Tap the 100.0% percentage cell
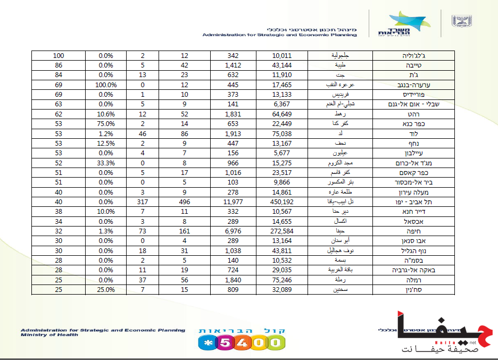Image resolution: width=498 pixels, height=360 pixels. point(105,85)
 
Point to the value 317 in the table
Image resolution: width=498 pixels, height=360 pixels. point(142,202)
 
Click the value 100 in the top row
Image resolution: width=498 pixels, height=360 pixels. point(59,55)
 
